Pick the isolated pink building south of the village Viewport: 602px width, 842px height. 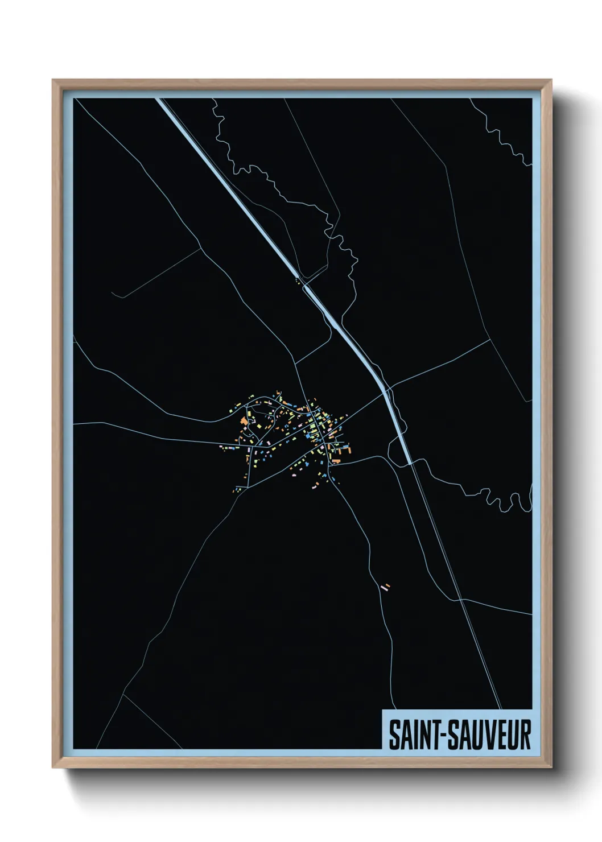point(386,587)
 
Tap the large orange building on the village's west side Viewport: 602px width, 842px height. point(244,422)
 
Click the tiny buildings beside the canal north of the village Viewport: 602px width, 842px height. point(297,279)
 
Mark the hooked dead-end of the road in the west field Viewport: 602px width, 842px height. point(113,294)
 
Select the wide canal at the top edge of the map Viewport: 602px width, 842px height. point(162,101)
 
